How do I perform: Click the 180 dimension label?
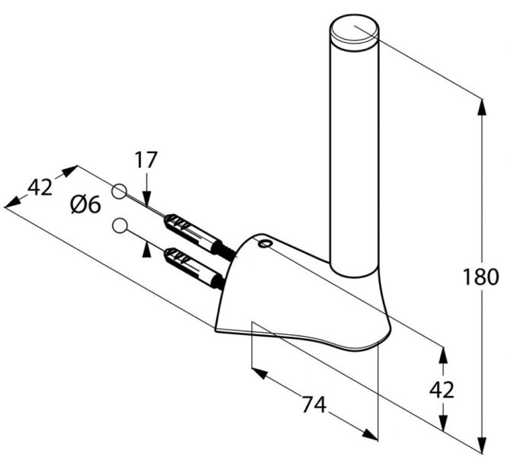[480, 276]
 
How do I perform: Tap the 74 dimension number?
[314, 404]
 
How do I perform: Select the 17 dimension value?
[146, 160]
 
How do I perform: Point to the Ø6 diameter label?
[86, 205]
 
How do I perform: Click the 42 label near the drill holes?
[40, 187]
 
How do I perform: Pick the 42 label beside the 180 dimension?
[442, 390]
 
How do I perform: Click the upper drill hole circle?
[119, 191]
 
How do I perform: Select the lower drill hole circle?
[120, 225]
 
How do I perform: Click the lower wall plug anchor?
[194, 268]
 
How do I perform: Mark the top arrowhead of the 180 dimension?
[482, 107]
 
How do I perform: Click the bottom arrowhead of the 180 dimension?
[482, 445]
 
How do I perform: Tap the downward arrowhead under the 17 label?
[146, 197]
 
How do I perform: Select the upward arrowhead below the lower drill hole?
[146, 251]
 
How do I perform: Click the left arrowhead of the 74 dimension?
[260, 373]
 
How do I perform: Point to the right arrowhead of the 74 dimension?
[370, 434]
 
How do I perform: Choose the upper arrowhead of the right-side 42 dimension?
[443, 356]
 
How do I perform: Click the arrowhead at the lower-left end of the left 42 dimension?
[13, 202]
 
